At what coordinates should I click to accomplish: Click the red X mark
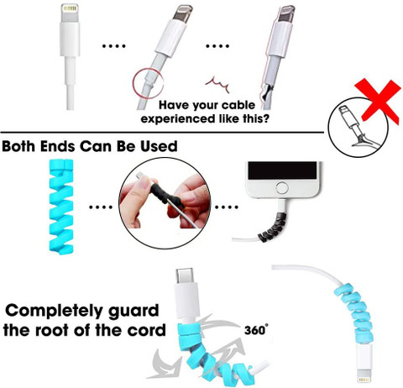pos(379,102)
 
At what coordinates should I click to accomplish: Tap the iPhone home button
pos(282,188)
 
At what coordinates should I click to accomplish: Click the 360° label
pos(256,329)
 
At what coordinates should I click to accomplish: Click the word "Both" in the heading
pos(19,146)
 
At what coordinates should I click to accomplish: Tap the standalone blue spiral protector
pos(61,207)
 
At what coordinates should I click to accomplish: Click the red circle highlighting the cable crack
pos(148,83)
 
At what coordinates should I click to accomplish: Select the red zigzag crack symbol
pos(218,84)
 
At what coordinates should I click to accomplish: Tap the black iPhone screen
pos(282,170)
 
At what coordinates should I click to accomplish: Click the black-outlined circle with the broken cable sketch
pos(359,128)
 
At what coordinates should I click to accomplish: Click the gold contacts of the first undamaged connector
pos(70,8)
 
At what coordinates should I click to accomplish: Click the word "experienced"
pos(175,118)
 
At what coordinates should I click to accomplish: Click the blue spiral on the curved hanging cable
pos(353,314)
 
